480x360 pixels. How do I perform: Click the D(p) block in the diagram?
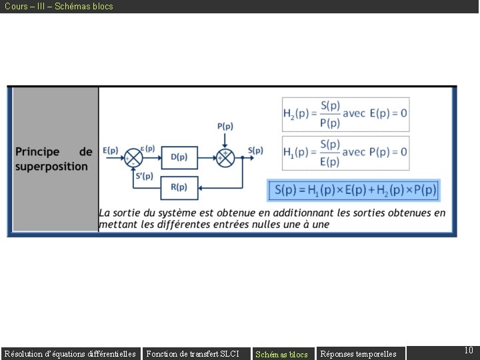(179, 157)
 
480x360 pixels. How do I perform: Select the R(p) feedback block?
(179, 187)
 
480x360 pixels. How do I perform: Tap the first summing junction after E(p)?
(135, 157)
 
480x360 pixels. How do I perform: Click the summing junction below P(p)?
(225, 157)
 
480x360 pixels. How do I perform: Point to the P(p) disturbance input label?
(225, 126)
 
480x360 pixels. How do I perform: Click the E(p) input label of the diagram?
(111, 151)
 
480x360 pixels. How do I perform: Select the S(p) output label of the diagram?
(255, 151)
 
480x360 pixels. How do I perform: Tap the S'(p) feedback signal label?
(144, 176)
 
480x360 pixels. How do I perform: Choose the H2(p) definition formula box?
(345, 114)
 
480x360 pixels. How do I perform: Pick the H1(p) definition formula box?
(345, 153)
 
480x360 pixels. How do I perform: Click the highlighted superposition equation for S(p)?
(353, 190)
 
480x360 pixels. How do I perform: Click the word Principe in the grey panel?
(38, 152)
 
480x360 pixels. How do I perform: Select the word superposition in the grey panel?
(52, 166)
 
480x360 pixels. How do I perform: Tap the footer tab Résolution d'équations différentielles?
(70, 354)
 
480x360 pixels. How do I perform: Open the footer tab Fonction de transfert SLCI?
(193, 354)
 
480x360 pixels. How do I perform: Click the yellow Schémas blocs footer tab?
(281, 354)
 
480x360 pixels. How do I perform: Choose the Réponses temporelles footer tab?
(359, 354)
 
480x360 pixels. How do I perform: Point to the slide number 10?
(468, 351)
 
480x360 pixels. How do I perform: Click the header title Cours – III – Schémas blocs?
(59, 6)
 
